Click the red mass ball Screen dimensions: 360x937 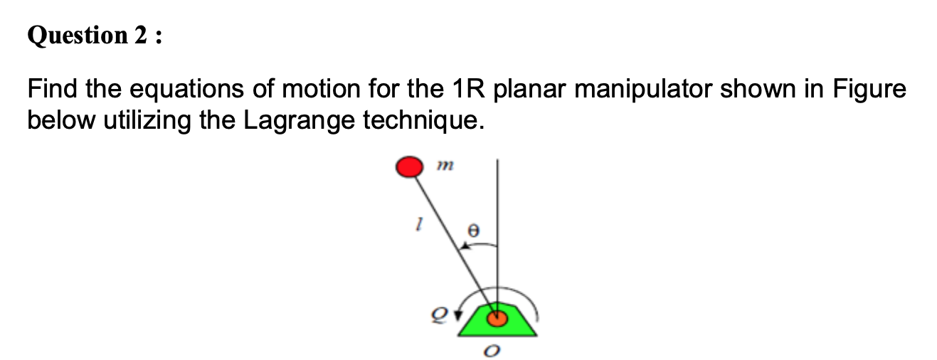(408, 167)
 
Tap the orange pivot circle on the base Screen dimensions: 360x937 (497, 318)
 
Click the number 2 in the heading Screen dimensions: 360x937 (140, 36)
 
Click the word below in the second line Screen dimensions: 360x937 (62, 121)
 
